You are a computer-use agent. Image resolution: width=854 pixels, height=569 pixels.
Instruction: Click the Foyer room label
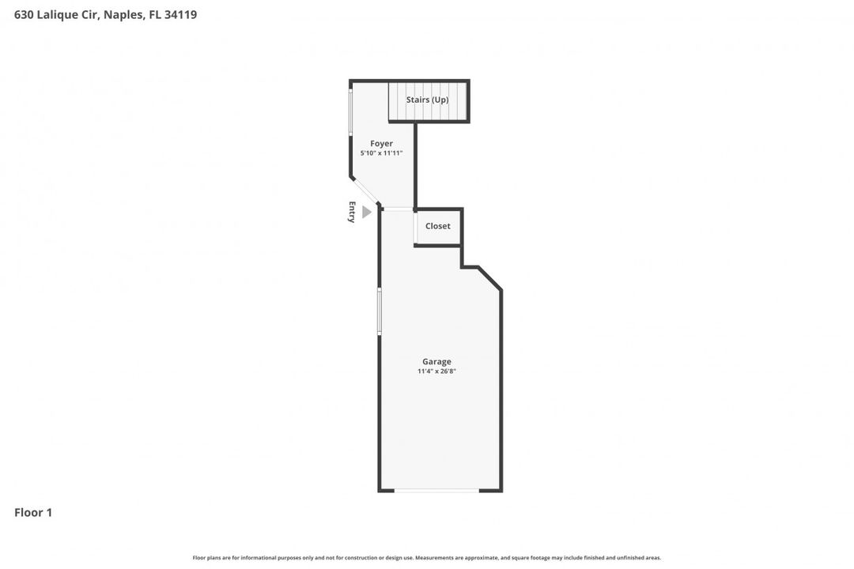click(x=381, y=144)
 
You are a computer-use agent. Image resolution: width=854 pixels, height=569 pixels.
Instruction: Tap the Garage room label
click(x=436, y=362)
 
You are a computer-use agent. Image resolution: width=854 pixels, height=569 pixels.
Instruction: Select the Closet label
click(x=437, y=226)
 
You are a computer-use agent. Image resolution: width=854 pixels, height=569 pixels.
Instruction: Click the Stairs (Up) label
click(x=427, y=100)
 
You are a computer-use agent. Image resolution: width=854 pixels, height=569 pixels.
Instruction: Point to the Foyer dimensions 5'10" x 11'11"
click(x=381, y=153)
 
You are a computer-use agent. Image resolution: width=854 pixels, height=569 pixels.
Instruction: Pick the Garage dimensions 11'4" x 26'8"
click(x=436, y=371)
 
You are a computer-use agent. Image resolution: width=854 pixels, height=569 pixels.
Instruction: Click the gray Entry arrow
click(x=366, y=212)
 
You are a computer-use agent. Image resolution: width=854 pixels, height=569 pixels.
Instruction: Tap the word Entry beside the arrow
click(x=352, y=212)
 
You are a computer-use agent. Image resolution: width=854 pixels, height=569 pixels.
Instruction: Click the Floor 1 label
click(x=33, y=513)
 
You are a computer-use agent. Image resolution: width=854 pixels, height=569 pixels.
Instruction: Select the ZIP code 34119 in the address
click(x=181, y=14)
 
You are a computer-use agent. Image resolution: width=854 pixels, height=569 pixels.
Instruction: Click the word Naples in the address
click(x=123, y=14)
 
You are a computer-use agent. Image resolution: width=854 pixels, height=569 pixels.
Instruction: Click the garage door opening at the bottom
click(x=436, y=491)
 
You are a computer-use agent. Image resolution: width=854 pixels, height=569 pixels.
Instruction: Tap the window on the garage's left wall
click(x=380, y=311)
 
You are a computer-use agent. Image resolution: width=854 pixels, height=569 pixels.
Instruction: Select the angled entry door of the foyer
click(x=365, y=192)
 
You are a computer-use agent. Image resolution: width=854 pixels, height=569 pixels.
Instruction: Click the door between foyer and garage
click(x=399, y=209)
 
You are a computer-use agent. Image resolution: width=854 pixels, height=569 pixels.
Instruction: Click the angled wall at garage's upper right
click(x=489, y=279)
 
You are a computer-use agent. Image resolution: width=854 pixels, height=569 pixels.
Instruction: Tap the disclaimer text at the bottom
click(x=427, y=558)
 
